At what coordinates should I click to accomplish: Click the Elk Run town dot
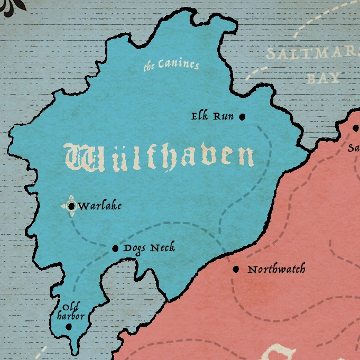pyautogui.click(x=242, y=117)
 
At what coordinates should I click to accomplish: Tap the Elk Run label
pyautogui.click(x=213, y=116)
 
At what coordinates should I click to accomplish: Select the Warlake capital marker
pyautogui.click(x=72, y=206)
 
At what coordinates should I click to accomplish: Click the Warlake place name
pyautogui.click(x=99, y=206)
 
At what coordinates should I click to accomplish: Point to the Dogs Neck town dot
pyautogui.click(x=115, y=248)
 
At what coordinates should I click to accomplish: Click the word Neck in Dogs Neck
pyautogui.click(x=162, y=248)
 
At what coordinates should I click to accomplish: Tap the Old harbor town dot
pyautogui.click(x=68, y=327)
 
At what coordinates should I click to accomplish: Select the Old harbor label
pyautogui.click(x=71, y=312)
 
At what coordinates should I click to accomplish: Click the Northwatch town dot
pyautogui.click(x=236, y=269)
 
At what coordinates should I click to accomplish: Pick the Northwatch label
pyautogui.click(x=276, y=270)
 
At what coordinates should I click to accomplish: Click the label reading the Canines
pyautogui.click(x=171, y=65)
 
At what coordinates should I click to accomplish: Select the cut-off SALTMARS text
pyautogui.click(x=312, y=54)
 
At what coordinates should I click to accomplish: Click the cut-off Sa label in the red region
pyautogui.click(x=353, y=149)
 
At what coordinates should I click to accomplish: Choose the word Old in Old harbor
pyautogui.click(x=70, y=307)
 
